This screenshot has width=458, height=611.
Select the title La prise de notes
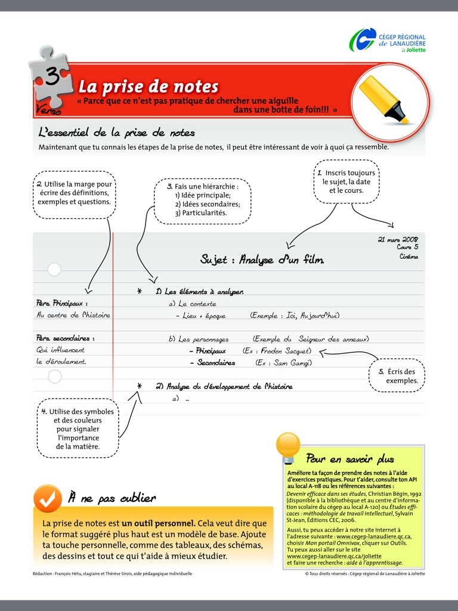pyautogui.click(x=148, y=87)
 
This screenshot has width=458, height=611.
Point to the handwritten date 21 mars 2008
pyautogui.click(x=398, y=239)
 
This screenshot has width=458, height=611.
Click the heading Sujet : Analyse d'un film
pyautogui.click(x=262, y=260)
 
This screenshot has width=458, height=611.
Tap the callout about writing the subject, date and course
pyautogui.click(x=346, y=181)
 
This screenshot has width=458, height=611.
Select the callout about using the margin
pyautogui.click(x=74, y=193)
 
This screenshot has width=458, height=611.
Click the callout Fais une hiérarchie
pyautogui.click(x=203, y=200)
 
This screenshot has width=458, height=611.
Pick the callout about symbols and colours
pyautogui.click(x=78, y=428)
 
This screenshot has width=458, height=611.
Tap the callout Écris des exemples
pyautogui.click(x=397, y=376)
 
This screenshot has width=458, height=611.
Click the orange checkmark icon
pyautogui.click(x=48, y=498)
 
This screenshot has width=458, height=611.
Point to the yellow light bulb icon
pyautogui.click(x=288, y=446)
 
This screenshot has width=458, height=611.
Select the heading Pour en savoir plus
pyautogui.click(x=350, y=459)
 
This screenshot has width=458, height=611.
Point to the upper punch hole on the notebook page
pyautogui.click(x=54, y=270)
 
